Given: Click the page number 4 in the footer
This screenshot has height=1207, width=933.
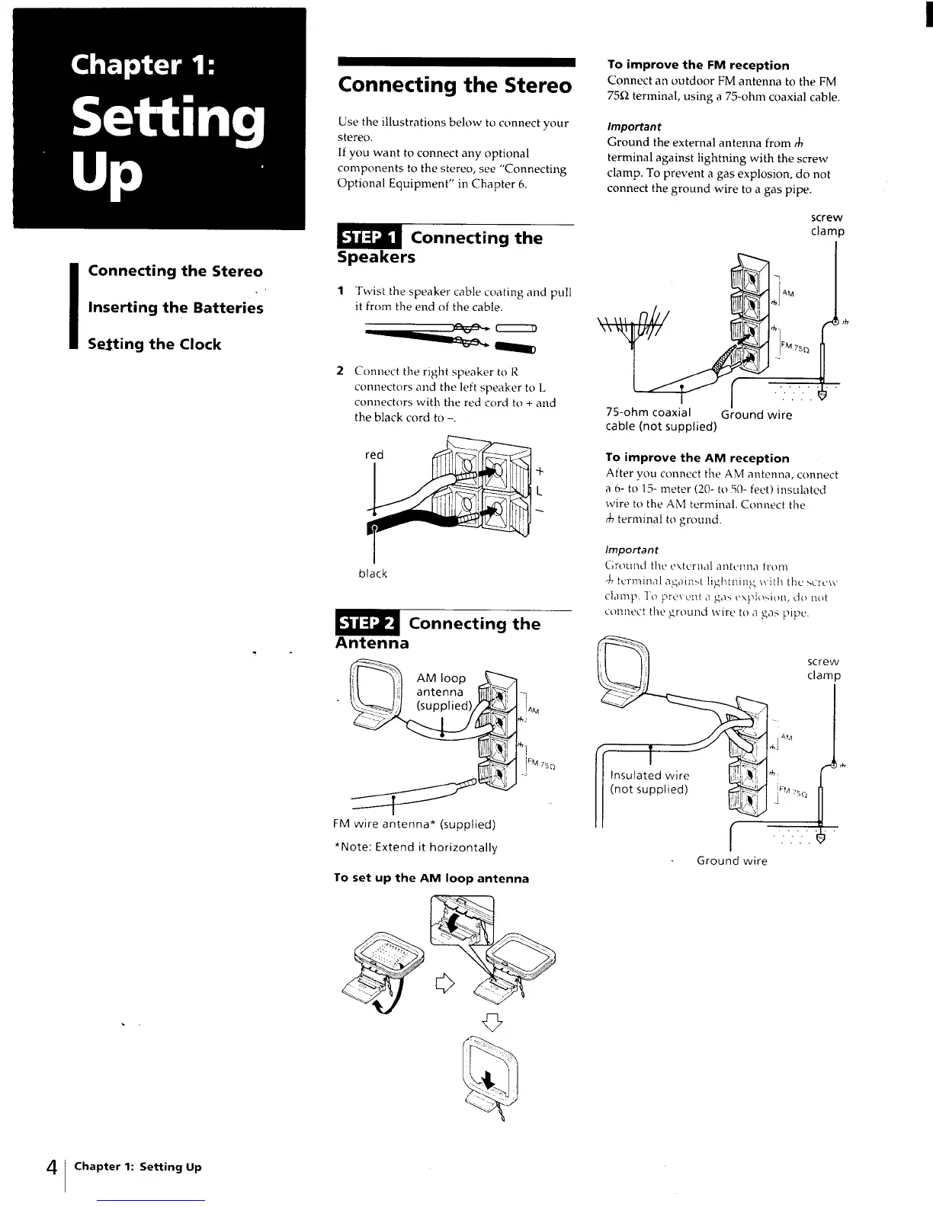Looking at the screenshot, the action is pos(51,1167).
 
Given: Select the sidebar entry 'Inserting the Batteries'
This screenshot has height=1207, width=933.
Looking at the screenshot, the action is pos(175,308).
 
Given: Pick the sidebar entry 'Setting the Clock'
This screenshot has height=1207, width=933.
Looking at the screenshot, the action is pos(154,344).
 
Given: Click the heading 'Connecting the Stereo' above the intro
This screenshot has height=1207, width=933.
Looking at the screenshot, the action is pos(454,85).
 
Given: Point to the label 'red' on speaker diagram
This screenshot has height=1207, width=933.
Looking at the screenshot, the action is pos(374,455).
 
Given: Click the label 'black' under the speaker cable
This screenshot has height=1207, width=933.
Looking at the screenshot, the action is pos(373,574).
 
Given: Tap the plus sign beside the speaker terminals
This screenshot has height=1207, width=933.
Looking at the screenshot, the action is pos(540,472).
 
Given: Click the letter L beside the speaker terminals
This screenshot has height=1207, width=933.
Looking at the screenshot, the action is pos(540,491).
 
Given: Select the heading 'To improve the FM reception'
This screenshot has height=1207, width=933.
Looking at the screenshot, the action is pos(697,66).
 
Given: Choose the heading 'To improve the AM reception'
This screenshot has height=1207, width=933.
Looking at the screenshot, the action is pos(697,458).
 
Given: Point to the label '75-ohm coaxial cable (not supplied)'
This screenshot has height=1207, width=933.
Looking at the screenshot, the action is pos(660,419).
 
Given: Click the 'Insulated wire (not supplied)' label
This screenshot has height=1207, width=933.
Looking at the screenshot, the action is pos(649,783).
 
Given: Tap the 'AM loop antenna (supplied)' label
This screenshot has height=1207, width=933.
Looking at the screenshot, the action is pos(444,692).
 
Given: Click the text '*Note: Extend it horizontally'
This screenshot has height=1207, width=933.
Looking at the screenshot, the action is pos(415,847).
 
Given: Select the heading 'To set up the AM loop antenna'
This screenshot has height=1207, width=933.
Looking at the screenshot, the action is pos(431,879).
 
